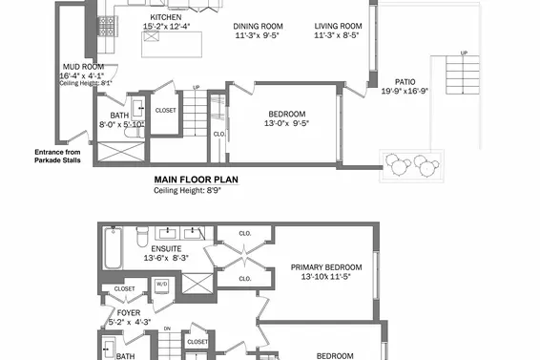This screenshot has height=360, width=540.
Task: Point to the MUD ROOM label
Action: (79, 66)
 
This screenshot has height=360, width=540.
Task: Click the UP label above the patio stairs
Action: (464, 53)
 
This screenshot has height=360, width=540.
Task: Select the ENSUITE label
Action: (162, 248)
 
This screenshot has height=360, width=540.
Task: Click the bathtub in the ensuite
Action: (113, 248)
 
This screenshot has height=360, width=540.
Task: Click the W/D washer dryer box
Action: (161, 285)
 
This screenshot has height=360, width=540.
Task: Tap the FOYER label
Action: (129, 311)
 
